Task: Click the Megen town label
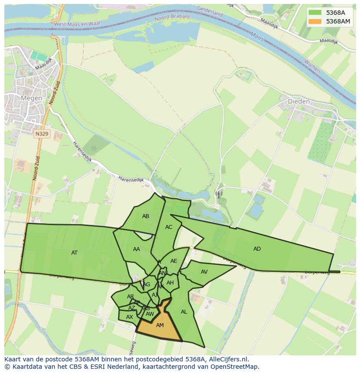[x=32, y=98]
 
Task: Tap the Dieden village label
[x=299, y=102]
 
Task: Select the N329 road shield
[x=42, y=134]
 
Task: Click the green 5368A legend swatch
[x=315, y=12]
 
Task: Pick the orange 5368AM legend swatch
[x=315, y=21]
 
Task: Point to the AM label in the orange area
[x=160, y=325]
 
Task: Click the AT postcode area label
[x=74, y=252]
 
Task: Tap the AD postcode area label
[x=257, y=249]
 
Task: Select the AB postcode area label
[x=146, y=216]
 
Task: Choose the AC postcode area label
[x=169, y=227]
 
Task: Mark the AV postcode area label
[x=204, y=272]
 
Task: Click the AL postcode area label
[x=184, y=312]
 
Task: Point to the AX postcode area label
[x=129, y=317]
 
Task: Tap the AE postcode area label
[x=173, y=261]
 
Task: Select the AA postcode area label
[x=137, y=249]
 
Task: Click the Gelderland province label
[x=210, y=11]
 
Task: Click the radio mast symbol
[x=218, y=194]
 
